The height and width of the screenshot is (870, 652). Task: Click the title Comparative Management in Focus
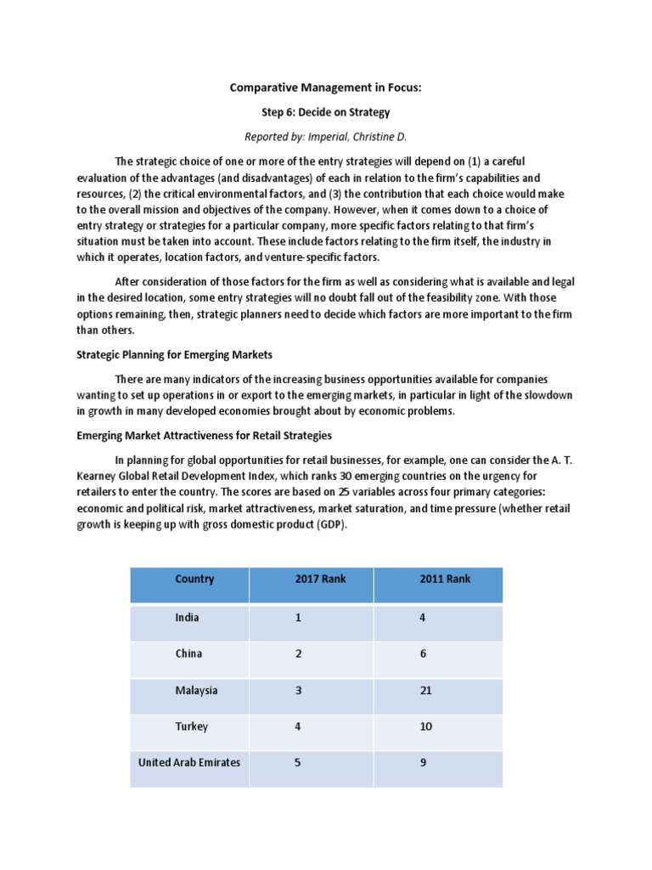(x=325, y=88)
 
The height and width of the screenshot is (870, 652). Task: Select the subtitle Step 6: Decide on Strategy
(x=325, y=112)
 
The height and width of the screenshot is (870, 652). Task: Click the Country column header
(x=194, y=579)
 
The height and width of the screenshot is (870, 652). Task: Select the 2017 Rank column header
(x=321, y=579)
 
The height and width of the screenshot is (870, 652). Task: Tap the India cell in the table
(x=187, y=618)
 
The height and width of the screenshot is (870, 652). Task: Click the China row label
(x=188, y=654)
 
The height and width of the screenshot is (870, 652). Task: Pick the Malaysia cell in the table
(x=196, y=691)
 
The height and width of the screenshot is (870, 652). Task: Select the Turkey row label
(x=191, y=727)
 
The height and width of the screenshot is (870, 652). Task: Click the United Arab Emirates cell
(x=189, y=763)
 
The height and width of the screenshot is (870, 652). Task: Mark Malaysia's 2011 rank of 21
(x=426, y=691)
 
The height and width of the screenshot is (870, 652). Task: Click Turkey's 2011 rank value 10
(x=426, y=727)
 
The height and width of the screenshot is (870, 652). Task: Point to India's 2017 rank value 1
(x=298, y=618)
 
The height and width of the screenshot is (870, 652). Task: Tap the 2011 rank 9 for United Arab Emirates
(x=423, y=763)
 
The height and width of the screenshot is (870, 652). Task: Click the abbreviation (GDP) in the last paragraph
(x=331, y=525)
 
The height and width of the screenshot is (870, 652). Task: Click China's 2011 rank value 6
(x=423, y=654)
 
